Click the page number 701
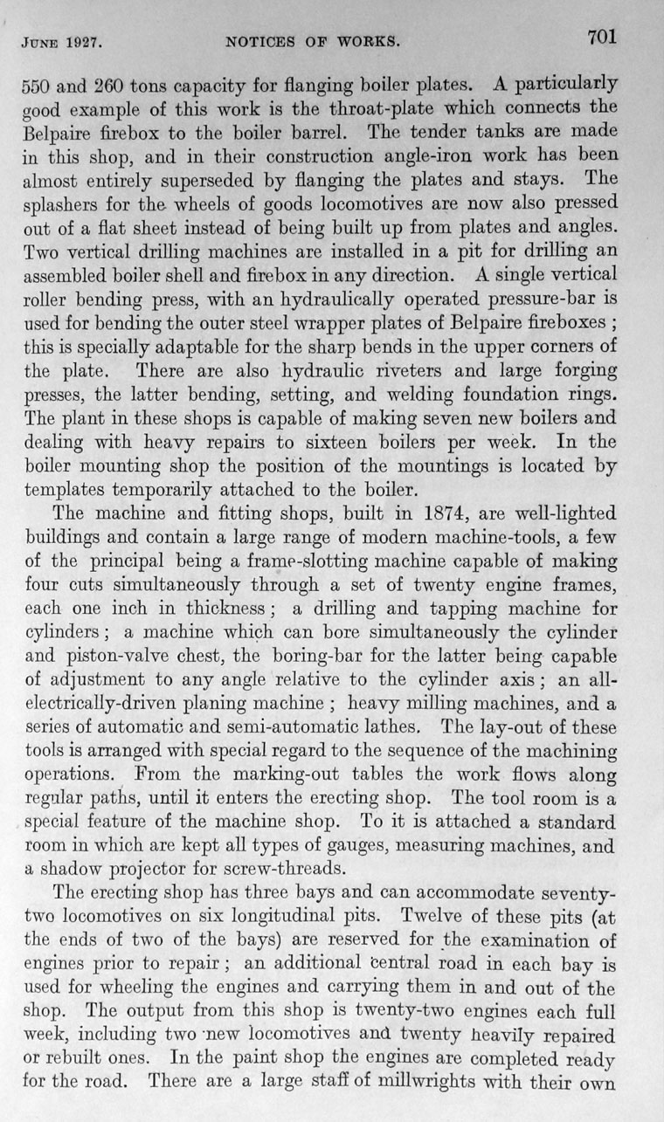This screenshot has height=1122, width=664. click(602, 37)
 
